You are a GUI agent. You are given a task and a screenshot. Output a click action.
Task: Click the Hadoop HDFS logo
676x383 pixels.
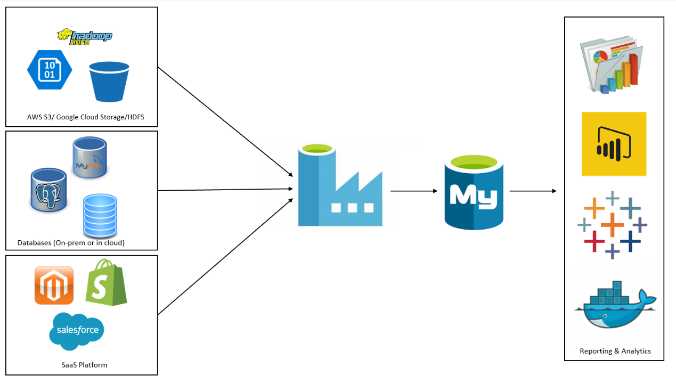(85, 36)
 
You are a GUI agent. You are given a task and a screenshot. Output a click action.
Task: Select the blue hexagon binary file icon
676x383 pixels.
(50, 69)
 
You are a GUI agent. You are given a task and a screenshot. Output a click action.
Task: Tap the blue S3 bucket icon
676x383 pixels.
(109, 82)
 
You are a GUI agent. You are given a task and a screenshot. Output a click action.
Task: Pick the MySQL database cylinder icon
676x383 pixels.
(90, 157)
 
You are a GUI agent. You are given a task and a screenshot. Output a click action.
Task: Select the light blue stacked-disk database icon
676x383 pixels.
(100, 216)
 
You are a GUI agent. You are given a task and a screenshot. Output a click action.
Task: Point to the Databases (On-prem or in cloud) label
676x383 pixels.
(71, 243)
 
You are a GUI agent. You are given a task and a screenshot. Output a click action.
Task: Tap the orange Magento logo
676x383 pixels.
(54, 286)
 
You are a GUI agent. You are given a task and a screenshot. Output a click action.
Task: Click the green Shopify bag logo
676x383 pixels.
(106, 282)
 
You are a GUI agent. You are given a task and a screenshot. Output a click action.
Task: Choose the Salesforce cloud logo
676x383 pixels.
(77, 331)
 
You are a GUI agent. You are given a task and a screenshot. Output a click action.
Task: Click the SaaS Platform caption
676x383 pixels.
(84, 365)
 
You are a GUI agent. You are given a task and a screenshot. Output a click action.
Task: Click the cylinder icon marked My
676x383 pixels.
(474, 192)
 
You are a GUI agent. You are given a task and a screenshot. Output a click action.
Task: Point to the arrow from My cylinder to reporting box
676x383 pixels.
(533, 191)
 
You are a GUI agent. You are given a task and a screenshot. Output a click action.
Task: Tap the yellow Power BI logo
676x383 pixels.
(614, 144)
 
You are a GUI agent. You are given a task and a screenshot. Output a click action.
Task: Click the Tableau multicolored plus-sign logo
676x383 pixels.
(612, 224)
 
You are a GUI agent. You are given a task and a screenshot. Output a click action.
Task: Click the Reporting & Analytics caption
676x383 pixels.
(615, 351)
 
